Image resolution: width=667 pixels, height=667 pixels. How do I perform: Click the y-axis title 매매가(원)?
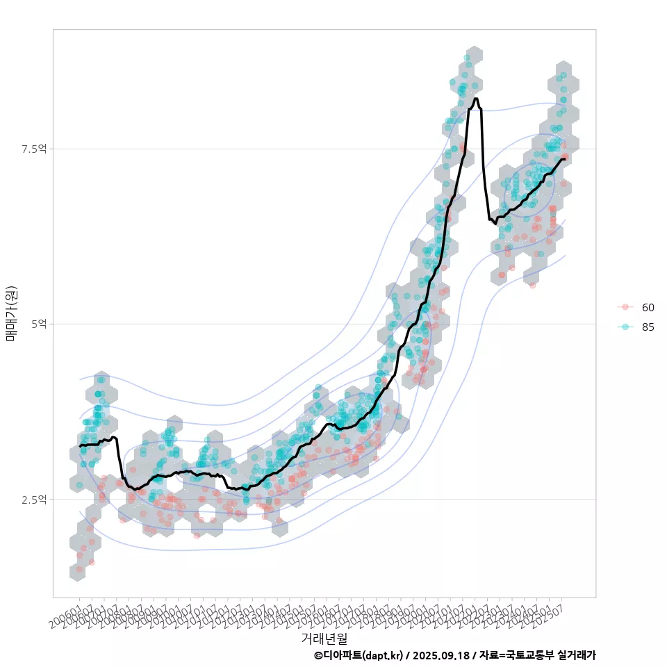tap(12, 313)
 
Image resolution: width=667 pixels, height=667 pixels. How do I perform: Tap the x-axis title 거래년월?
tap(324, 638)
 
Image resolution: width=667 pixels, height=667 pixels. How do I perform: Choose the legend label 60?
tap(648, 307)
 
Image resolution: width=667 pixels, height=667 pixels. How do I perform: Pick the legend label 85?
tap(648, 327)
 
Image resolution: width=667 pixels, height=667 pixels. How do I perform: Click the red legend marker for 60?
tap(625, 307)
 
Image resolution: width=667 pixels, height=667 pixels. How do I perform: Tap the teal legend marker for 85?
tap(625, 327)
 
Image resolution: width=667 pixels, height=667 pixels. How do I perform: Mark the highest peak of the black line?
tap(475, 99)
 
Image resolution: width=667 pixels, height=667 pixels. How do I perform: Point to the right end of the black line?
tap(567, 158)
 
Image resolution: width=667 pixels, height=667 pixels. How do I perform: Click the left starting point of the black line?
tap(80, 445)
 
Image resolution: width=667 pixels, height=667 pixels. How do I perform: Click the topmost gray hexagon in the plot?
tap(474, 54)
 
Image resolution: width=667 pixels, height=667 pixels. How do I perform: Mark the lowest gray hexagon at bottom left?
tap(79, 572)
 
